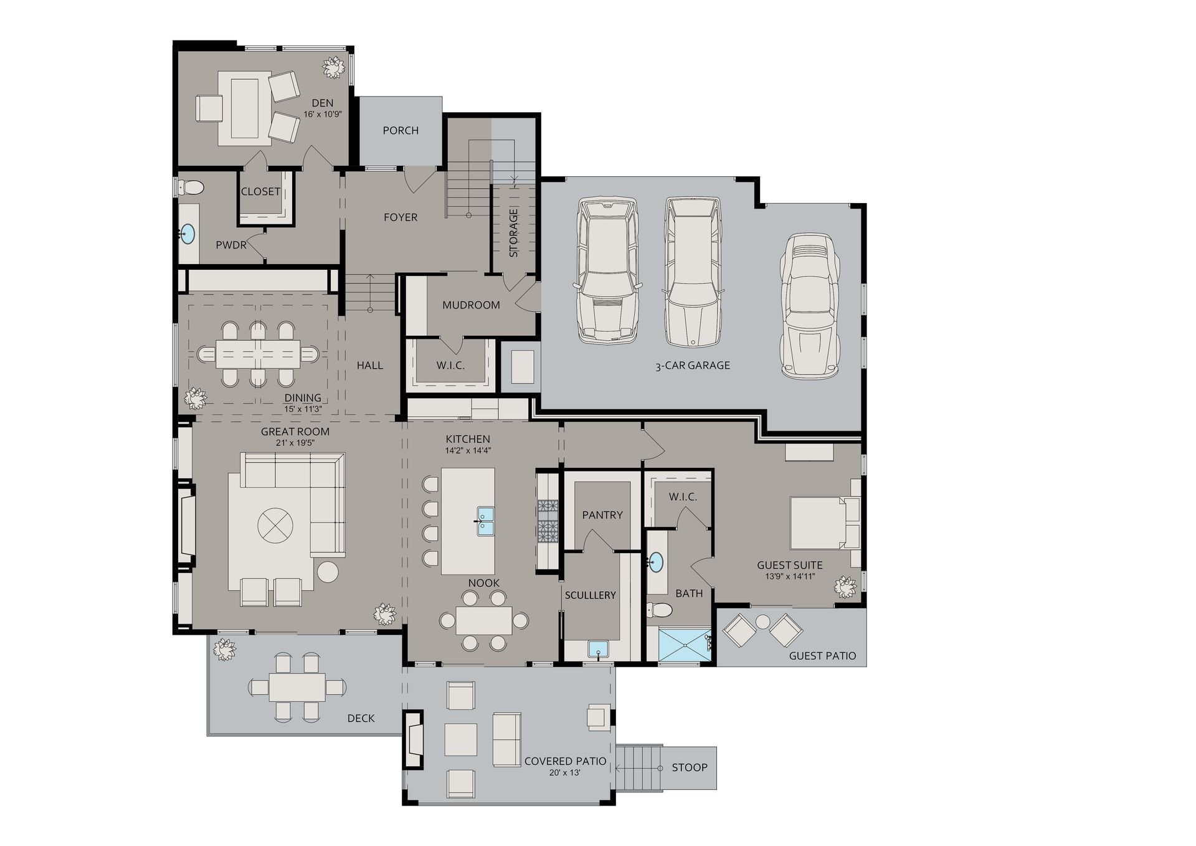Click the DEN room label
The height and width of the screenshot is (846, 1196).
[323, 103]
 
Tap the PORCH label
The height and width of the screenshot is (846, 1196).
[401, 130]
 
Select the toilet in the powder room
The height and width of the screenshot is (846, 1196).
[191, 187]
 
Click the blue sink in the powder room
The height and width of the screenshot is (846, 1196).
[187, 234]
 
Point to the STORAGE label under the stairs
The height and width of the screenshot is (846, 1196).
[514, 233]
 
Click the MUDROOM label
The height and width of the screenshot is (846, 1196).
[471, 305]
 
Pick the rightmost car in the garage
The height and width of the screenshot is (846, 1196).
[810, 306]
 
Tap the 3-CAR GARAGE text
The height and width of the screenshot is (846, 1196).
[693, 366]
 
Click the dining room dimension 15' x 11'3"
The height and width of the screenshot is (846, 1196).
[303, 409]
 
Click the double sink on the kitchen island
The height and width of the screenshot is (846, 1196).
[485, 521]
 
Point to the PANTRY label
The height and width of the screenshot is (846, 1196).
[602, 515]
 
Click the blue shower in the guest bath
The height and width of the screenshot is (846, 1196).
[684, 645]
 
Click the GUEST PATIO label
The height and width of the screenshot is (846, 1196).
[822, 656]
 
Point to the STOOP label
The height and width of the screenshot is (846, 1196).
[690, 768]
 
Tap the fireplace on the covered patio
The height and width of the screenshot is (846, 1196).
[414, 739]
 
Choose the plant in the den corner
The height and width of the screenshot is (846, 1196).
[334, 67]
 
